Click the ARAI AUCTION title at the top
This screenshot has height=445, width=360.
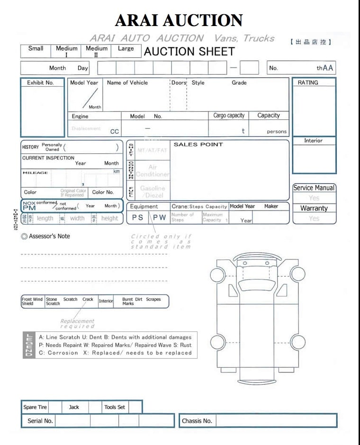coord(179,20)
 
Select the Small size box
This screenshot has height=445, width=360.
coord(36,49)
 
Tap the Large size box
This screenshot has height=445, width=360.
coord(126,49)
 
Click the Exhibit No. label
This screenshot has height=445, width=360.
coord(40,83)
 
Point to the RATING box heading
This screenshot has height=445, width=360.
coord(308,83)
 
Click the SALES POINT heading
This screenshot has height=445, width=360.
coord(198,144)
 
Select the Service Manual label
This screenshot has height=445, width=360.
coord(314,188)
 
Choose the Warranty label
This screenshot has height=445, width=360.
coord(314,208)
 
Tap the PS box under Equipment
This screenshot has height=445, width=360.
coord(137,218)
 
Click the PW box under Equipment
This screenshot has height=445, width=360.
coord(159,218)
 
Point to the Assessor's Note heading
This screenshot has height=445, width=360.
coord(49,236)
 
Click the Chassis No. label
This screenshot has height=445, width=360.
coord(197,421)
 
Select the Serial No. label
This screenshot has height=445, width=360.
coord(40,421)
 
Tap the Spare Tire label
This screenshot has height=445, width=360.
coord(36,407)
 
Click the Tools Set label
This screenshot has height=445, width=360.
coord(115,407)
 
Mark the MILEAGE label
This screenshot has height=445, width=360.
coord(35,173)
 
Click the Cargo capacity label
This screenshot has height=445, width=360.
coord(229,116)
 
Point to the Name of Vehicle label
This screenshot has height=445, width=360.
coord(127,83)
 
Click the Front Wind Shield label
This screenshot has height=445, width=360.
coord(32,302)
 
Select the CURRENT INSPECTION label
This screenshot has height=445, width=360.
coord(48,158)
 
